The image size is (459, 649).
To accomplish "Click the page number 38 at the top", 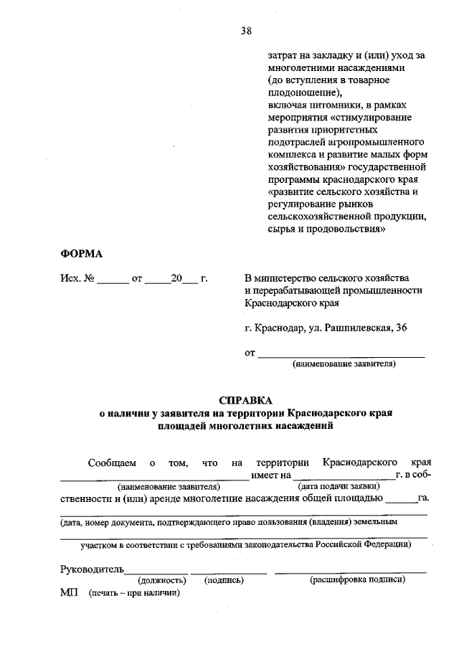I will (247, 30).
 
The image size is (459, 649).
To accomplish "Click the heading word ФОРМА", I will (81, 253).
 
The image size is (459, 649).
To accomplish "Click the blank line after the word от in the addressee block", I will (341, 354).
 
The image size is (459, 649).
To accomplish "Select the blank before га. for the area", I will (405, 499).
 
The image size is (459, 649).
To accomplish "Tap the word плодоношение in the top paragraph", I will (301, 93).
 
